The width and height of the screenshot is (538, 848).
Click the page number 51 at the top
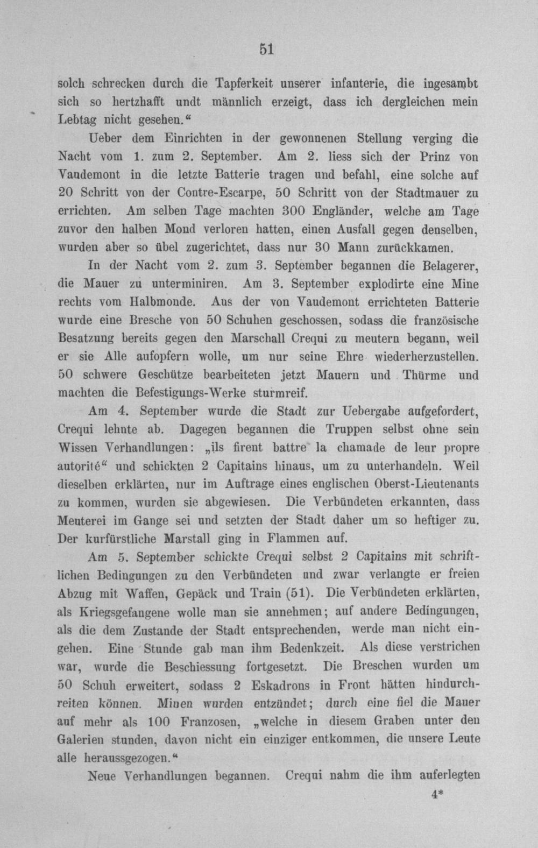click(267, 49)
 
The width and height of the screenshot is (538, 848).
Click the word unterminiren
click(186, 284)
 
